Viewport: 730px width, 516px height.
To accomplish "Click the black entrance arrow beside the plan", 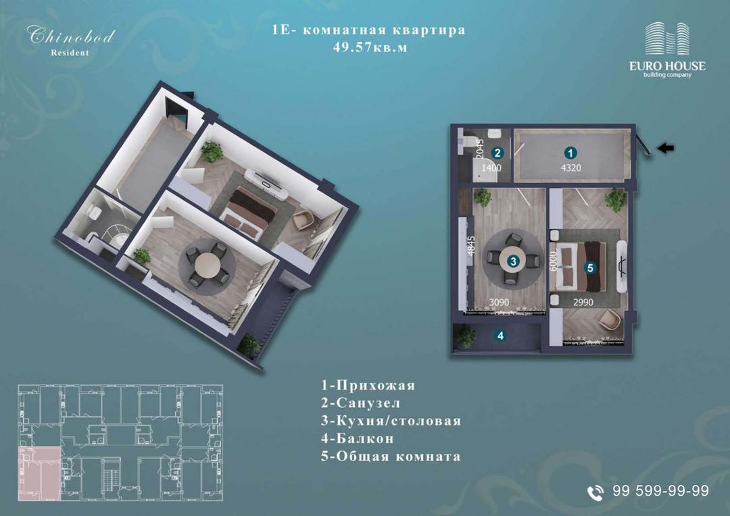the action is coord(666,149).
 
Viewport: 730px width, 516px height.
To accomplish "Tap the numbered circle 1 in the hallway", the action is coord(570,153).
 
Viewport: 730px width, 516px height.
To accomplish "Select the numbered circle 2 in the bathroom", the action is coord(497,153).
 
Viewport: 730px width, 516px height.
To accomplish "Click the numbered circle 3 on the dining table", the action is coord(513,261).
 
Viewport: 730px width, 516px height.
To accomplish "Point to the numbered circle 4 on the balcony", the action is coord(500,336).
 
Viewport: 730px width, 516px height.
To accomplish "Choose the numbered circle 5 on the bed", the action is coord(590,267).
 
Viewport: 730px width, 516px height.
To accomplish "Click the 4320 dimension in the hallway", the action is coord(570,168).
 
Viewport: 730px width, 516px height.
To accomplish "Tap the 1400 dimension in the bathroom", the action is coord(491,167).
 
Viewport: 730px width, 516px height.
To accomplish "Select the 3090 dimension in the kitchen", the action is coord(499,303).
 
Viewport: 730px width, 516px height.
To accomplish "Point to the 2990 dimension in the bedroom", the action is coord(583,303).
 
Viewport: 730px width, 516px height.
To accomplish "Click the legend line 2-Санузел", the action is coord(360,403).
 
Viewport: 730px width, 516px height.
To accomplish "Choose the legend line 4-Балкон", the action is coord(357,438).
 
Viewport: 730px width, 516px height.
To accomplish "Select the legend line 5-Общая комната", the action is coord(391,456).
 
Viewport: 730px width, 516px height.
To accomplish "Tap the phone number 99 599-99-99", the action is coord(660,490).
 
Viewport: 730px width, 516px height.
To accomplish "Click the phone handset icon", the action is coord(595,493).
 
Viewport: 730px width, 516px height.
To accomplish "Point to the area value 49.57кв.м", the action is coord(370,47).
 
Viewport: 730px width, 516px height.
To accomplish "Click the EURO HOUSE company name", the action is coord(667,66).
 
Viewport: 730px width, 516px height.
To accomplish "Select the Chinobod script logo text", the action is coord(71,35).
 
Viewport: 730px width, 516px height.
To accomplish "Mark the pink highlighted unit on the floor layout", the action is coord(40,473).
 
